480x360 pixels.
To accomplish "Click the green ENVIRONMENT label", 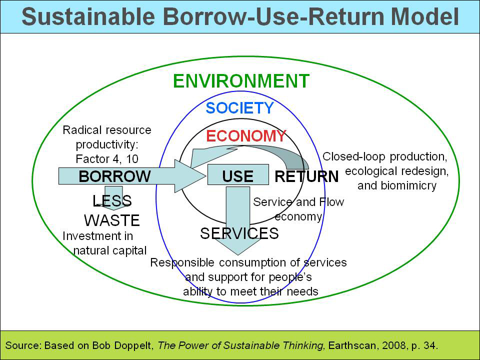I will tap(241, 81).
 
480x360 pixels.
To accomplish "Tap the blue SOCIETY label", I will tap(239, 108).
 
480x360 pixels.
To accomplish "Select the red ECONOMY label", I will tap(245, 136).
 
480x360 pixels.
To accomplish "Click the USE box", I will tap(238, 176).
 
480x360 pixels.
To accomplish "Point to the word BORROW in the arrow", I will tap(114, 176).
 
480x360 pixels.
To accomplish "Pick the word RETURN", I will tap(306, 176).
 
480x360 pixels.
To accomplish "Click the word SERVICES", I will tap(239, 233).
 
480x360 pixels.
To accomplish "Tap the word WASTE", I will tap(112, 220).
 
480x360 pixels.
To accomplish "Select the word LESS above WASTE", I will tap(112, 201).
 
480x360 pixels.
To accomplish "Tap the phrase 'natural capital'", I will tap(110, 250).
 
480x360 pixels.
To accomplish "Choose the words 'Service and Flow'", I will tap(298, 202).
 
